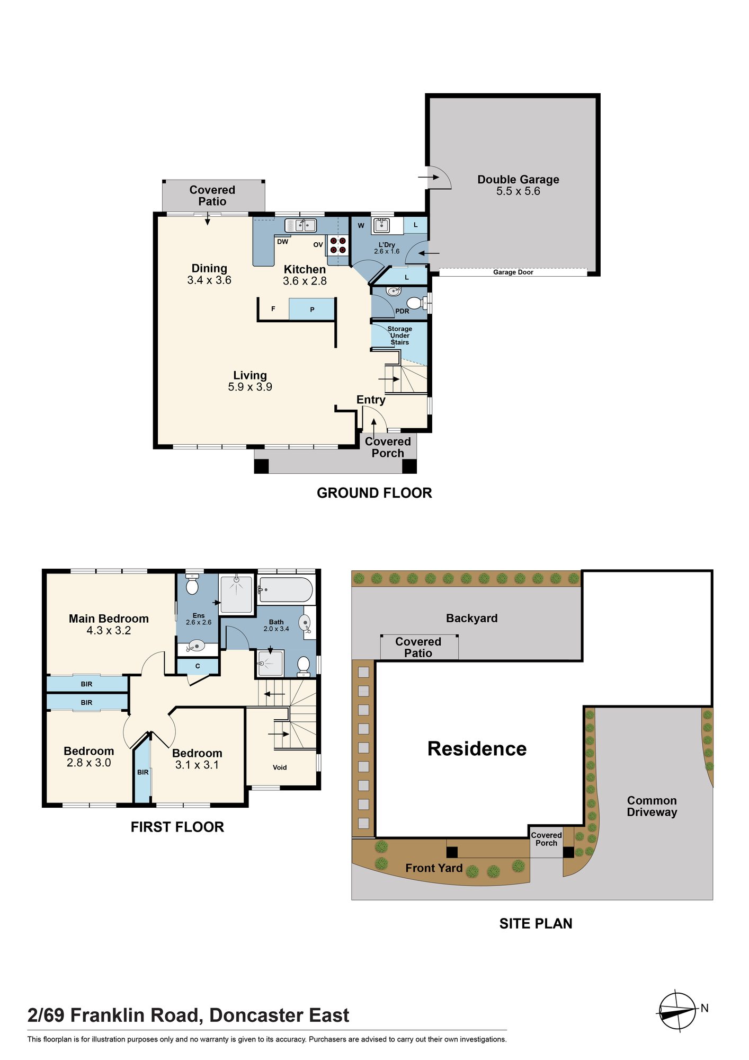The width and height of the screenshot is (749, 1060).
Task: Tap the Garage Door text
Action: click(513, 272)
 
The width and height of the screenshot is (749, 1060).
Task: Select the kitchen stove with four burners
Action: click(338, 245)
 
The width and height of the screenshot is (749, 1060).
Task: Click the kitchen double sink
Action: click(300, 225)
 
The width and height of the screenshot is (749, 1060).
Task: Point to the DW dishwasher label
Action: click(283, 242)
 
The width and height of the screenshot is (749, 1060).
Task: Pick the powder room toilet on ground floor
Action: click(417, 303)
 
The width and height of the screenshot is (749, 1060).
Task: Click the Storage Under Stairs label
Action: click(400, 335)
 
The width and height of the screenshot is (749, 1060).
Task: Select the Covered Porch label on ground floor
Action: click(388, 447)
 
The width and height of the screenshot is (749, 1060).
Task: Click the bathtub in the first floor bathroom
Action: click(286, 589)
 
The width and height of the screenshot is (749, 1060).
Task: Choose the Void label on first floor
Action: click(280, 767)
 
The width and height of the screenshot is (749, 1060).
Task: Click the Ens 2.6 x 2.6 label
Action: click(199, 619)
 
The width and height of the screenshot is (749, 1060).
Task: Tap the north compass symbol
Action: click(677, 1011)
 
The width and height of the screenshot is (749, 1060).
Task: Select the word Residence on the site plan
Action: click(477, 748)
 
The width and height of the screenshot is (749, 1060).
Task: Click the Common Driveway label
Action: click(652, 806)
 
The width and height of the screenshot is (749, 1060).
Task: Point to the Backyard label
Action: click(472, 618)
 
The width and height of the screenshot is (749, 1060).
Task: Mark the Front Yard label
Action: click(434, 868)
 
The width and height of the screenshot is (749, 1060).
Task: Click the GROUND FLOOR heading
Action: click(374, 493)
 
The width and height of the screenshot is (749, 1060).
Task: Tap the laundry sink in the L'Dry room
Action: click(381, 226)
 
